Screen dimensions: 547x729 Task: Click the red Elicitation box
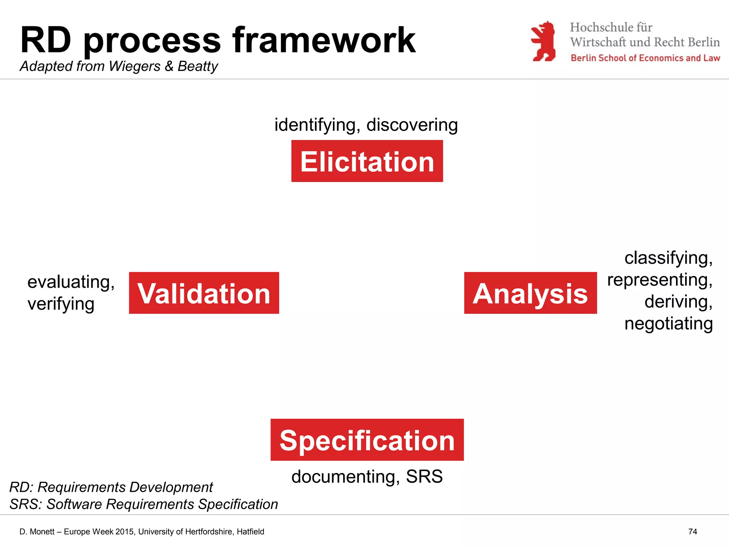367,161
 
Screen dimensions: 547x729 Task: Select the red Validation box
204,293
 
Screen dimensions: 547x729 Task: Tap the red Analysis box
530,293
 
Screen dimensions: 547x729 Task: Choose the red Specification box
367,440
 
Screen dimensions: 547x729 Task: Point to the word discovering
412,125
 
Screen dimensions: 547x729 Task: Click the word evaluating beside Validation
70,282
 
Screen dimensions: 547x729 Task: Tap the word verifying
61,304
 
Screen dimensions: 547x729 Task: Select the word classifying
668,258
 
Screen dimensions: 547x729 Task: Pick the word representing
660,280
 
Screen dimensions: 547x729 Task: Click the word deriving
678,302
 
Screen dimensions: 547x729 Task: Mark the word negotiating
668,324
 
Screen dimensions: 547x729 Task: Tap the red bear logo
543,41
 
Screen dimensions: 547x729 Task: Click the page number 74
692,532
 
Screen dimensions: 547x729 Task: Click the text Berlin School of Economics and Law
645,58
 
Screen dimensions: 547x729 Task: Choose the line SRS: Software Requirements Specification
143,504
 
